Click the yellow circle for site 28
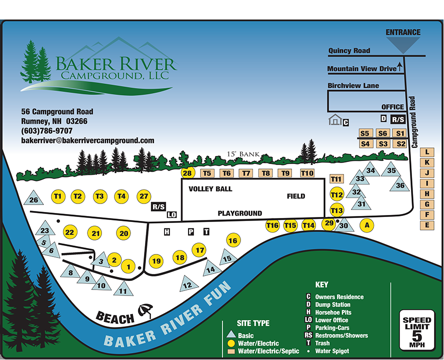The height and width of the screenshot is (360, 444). tap(187, 173)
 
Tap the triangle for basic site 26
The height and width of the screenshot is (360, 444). tap(33, 198)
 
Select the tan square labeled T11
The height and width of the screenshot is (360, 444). tap(336, 178)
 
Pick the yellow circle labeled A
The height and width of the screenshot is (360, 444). tap(366, 225)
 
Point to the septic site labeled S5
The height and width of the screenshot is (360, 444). tap(364, 133)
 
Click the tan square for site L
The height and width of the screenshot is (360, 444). tap(427, 152)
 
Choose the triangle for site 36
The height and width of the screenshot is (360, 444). tap(399, 184)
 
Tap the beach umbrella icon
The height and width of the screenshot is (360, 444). tap(145, 310)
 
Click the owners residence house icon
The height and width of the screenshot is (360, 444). tap(335, 119)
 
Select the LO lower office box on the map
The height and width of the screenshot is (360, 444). tap(172, 214)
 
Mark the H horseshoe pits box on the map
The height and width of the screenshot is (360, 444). tap(167, 232)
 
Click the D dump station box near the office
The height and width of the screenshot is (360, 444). tap(383, 118)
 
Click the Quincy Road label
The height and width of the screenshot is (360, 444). tap(349, 50)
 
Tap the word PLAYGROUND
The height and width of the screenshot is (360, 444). tap(239, 213)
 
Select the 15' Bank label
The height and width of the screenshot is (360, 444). tap(243, 154)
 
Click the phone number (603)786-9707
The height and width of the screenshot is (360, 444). tap(46, 131)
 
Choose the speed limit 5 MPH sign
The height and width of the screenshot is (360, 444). tap(417, 330)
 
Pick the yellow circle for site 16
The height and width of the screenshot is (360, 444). tap(233, 240)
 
